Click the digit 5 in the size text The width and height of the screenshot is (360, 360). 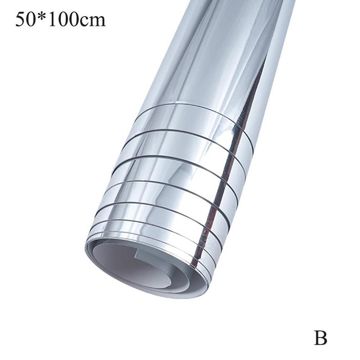tap(20, 20)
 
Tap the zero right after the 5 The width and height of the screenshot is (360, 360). tap(31, 20)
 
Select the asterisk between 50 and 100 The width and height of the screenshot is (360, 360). tap(42, 17)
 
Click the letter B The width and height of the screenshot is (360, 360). tap(320, 338)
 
